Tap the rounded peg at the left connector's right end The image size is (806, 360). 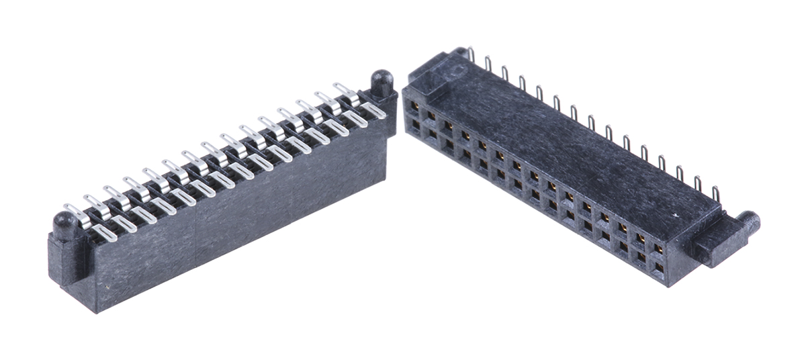[382, 81]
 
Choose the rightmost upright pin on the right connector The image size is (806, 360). [715, 193]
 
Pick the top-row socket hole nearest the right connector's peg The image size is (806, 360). [658, 249]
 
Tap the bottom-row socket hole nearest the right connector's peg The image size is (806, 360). [658, 268]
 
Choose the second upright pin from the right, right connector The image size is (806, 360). [699, 183]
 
